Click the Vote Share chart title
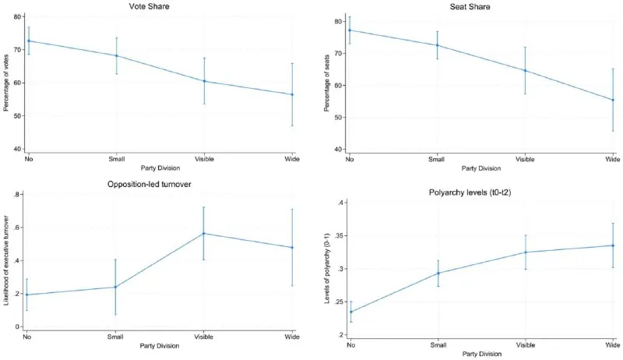click(x=149, y=6)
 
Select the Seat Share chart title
click(x=470, y=7)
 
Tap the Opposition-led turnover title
click(x=150, y=185)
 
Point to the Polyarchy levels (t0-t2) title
click(x=470, y=192)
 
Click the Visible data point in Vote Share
click(x=204, y=81)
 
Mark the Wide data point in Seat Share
click(x=613, y=100)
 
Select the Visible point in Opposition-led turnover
click(x=204, y=233)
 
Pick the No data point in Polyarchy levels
click(x=350, y=312)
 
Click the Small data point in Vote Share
click(x=116, y=55)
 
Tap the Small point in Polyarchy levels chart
click(x=438, y=273)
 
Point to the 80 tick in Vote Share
click(x=17, y=16)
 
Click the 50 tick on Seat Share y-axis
click(x=337, y=118)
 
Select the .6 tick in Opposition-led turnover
click(x=17, y=228)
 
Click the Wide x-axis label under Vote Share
click(x=292, y=159)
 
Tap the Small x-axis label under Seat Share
click(x=437, y=159)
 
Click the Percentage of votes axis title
click(x=6, y=83)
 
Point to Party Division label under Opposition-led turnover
click(x=160, y=346)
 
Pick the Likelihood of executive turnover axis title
click(x=6, y=260)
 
